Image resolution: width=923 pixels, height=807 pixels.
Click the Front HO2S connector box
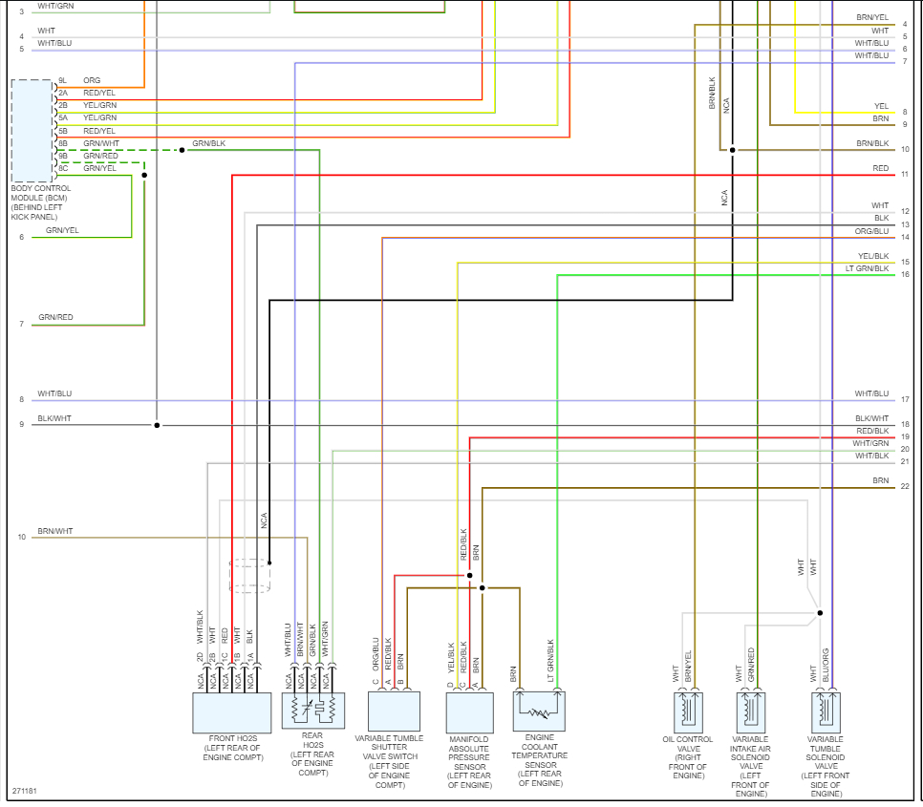click(x=232, y=711)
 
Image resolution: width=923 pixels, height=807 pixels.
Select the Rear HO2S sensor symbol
click(x=312, y=711)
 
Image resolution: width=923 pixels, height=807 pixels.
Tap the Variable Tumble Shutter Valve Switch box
click(x=394, y=711)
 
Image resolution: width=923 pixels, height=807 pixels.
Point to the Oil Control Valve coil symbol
click(x=688, y=711)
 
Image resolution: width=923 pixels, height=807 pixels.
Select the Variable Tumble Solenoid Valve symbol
click(x=825, y=711)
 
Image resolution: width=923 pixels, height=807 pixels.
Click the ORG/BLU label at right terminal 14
click(x=871, y=231)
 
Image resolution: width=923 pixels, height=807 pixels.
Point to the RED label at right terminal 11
click(x=880, y=168)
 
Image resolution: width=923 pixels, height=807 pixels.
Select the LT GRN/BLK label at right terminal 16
click(x=867, y=268)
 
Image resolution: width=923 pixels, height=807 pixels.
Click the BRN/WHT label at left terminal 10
click(x=54, y=530)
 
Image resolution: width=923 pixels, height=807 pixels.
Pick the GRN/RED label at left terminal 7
click(x=55, y=317)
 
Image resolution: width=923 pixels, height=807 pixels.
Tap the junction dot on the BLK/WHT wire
click(x=157, y=425)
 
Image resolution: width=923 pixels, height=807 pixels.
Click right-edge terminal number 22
click(x=905, y=487)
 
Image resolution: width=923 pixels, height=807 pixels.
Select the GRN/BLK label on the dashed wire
click(x=208, y=143)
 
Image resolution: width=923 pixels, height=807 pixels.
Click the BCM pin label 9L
click(x=62, y=80)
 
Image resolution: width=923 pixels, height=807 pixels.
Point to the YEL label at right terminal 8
click(x=881, y=106)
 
